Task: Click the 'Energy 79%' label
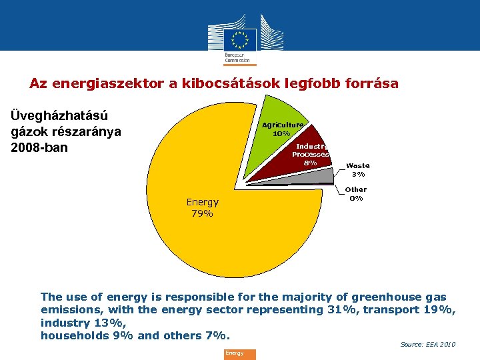pyautogui.click(x=202, y=208)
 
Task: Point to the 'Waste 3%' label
pyautogui.click(x=358, y=170)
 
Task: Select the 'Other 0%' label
pyautogui.click(x=357, y=194)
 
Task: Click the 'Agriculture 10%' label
pyautogui.click(x=282, y=129)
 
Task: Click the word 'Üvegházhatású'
pyautogui.click(x=60, y=115)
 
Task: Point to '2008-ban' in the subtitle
pyautogui.click(x=40, y=147)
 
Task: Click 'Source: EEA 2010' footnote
pyautogui.click(x=427, y=344)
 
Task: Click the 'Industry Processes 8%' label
pyautogui.click(x=311, y=154)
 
